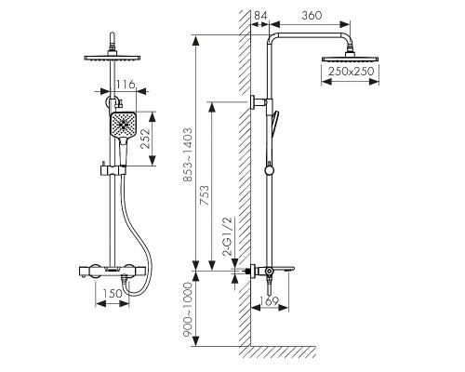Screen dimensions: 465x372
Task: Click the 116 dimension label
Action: click(126, 84)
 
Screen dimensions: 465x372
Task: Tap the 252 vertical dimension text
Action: click(145, 139)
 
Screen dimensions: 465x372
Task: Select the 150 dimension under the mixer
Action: click(113, 293)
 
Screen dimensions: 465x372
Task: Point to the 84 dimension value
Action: click(260, 16)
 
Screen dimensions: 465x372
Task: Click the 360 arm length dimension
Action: click(312, 16)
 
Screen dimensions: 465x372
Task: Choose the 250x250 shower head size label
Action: click(352, 72)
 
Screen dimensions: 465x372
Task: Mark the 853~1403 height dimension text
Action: click(188, 154)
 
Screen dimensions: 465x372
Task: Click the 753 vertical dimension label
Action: click(205, 195)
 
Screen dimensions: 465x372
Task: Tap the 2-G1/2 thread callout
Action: click(227, 236)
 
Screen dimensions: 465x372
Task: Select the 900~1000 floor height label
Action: click(188, 310)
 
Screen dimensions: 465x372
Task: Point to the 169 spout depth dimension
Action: click(269, 300)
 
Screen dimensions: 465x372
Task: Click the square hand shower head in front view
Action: click(123, 125)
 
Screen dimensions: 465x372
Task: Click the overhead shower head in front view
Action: click(113, 58)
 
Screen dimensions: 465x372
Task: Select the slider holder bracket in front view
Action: click(113, 170)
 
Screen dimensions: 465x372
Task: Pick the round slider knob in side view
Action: click(270, 170)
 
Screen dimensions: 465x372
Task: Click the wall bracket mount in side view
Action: click(259, 101)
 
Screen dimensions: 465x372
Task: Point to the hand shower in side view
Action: click(274, 123)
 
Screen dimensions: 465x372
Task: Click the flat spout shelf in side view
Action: click(283, 269)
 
